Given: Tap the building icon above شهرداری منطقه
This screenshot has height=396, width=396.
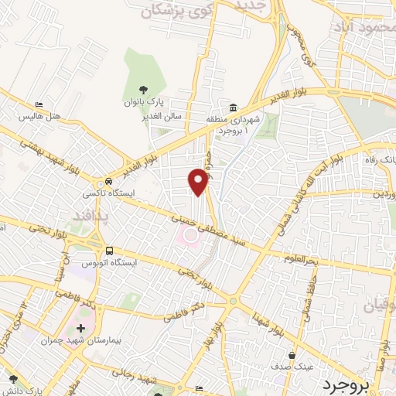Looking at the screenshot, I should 233,107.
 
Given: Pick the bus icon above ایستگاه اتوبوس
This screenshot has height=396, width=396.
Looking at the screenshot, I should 110,251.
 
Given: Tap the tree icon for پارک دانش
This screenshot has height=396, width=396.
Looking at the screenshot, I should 12,380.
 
